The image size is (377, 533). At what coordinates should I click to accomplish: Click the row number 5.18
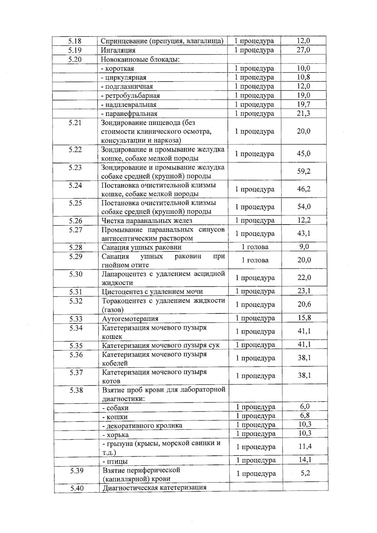(75, 41)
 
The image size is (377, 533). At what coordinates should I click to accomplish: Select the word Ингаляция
(118, 50)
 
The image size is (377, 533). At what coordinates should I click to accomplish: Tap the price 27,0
(303, 50)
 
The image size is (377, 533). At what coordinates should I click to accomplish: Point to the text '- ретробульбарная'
(130, 95)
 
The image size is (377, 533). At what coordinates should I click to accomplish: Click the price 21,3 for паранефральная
(303, 113)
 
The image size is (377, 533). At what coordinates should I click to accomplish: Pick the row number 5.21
(75, 123)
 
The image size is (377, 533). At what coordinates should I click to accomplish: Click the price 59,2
(304, 171)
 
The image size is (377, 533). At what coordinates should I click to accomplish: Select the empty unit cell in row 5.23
(254, 171)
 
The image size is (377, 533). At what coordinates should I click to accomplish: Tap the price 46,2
(304, 189)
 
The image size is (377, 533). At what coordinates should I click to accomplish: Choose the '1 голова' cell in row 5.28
(255, 247)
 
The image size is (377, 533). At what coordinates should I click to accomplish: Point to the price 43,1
(304, 233)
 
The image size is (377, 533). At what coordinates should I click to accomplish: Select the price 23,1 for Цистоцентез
(304, 291)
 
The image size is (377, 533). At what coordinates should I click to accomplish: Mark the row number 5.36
(76, 355)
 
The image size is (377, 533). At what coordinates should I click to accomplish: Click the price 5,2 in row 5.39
(305, 473)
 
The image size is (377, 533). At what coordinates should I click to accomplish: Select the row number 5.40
(77, 488)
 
